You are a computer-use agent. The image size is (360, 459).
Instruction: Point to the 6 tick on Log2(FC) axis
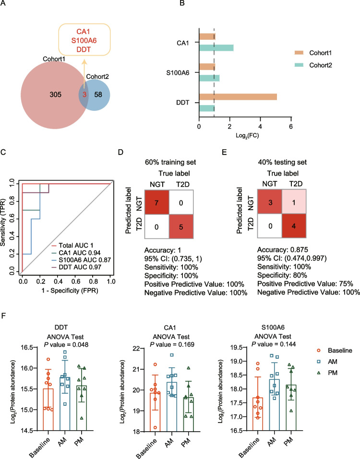[x=291, y=126]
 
